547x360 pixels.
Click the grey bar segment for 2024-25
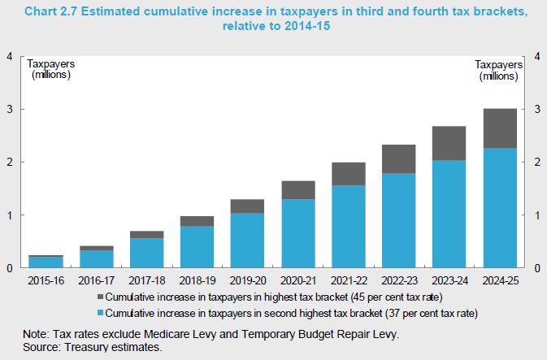(500, 128)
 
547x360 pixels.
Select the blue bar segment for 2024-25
(500, 208)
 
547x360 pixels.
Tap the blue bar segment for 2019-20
(247, 241)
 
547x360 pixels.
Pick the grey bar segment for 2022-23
(399, 159)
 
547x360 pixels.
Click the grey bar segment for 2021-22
(349, 174)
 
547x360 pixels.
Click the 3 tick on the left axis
(9, 109)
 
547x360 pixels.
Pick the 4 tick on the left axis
(9, 56)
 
